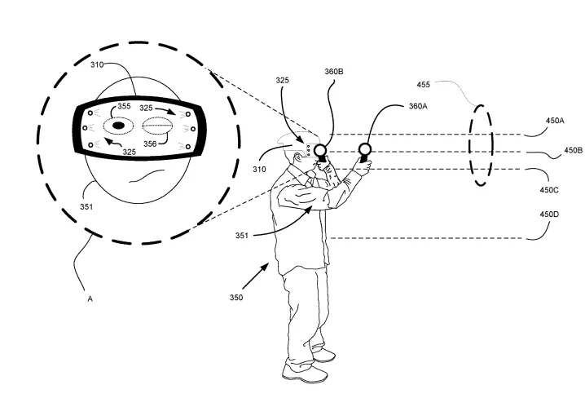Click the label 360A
(418, 106)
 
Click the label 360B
(333, 72)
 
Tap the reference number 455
(424, 85)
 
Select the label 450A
(555, 121)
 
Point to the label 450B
(573, 150)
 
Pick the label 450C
(549, 190)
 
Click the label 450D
(549, 215)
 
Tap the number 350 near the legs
(236, 298)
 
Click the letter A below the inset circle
(90, 299)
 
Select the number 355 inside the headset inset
(124, 106)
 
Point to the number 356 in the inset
(150, 144)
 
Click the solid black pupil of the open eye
(118, 126)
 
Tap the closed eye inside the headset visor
(157, 126)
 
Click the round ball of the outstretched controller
(364, 150)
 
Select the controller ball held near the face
(320, 150)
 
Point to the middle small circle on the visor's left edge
(85, 128)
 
